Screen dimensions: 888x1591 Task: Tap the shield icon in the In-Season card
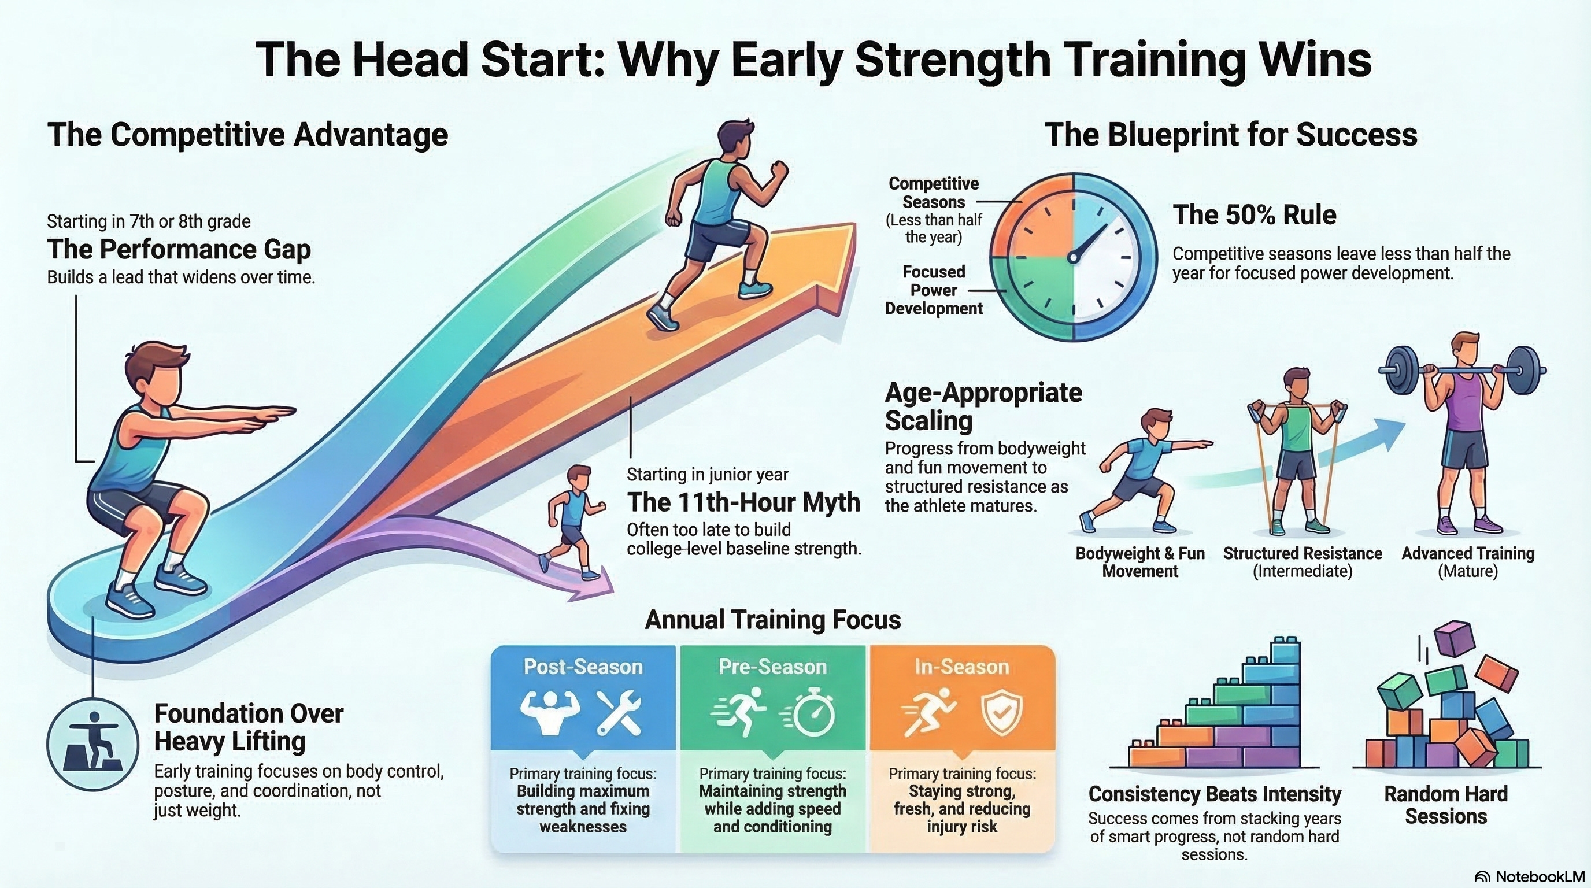(1001, 712)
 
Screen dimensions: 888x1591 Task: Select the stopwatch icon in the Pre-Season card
(813, 713)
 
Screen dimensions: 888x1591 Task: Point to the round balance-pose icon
(92, 745)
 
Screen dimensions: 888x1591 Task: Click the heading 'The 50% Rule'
(1255, 216)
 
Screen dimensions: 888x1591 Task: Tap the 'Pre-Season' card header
(772, 667)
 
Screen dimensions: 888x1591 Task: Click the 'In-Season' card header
(961, 667)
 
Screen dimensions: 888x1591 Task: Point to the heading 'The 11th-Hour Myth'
(743, 502)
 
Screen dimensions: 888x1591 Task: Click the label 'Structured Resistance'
(1303, 553)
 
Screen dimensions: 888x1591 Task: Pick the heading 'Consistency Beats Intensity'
(1214, 794)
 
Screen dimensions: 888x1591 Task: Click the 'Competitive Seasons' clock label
(933, 193)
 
